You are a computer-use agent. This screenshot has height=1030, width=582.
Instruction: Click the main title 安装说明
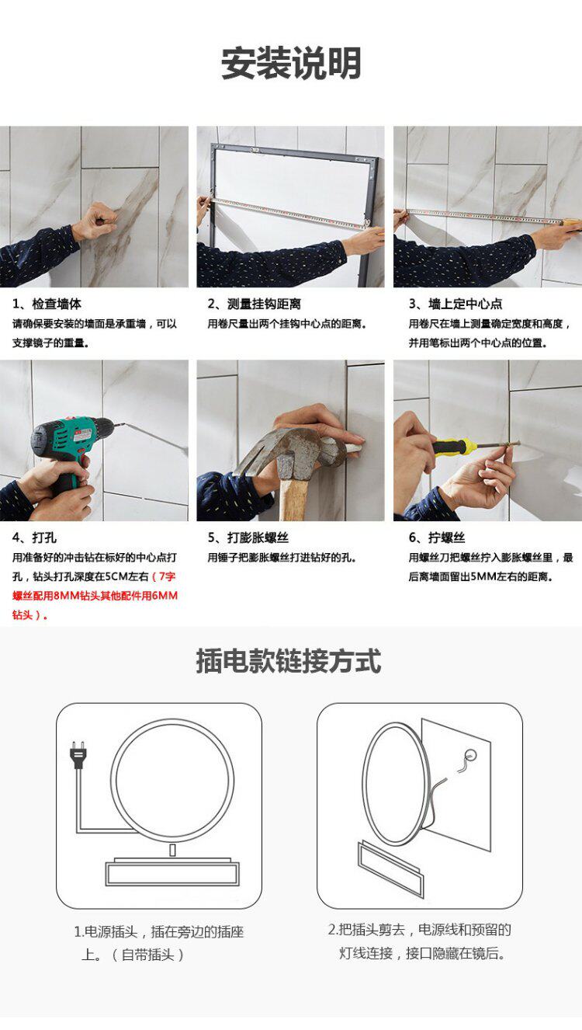click(x=291, y=63)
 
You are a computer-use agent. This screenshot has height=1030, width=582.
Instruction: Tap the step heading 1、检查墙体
click(x=47, y=304)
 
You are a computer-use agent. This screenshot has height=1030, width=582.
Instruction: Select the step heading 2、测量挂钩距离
click(x=254, y=304)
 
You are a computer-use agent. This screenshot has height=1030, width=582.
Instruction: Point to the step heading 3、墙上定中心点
click(x=456, y=304)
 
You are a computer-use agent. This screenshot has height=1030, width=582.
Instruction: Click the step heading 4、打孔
click(x=34, y=538)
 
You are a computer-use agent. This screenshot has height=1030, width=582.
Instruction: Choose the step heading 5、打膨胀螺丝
click(x=248, y=538)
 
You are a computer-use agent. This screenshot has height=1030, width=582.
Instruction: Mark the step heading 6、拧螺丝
click(x=437, y=538)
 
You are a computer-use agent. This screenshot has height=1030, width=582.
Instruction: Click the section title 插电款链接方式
click(x=289, y=661)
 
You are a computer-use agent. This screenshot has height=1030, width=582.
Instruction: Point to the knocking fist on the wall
click(x=96, y=221)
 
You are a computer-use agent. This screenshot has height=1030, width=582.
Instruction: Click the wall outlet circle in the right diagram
click(x=470, y=755)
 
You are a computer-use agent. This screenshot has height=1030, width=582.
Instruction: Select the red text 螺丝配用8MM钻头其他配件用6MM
click(x=95, y=596)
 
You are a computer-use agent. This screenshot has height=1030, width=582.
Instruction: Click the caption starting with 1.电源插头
click(x=158, y=943)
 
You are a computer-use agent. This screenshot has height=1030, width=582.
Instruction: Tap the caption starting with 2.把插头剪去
click(x=420, y=941)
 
